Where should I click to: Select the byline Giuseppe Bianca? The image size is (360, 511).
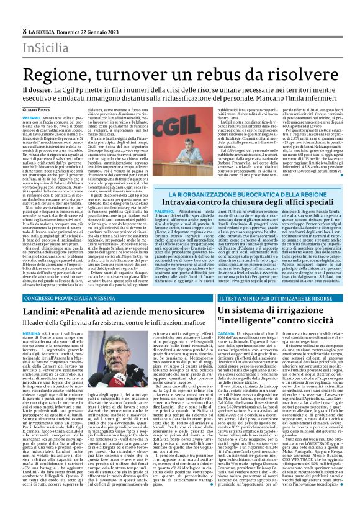click(20, 109)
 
